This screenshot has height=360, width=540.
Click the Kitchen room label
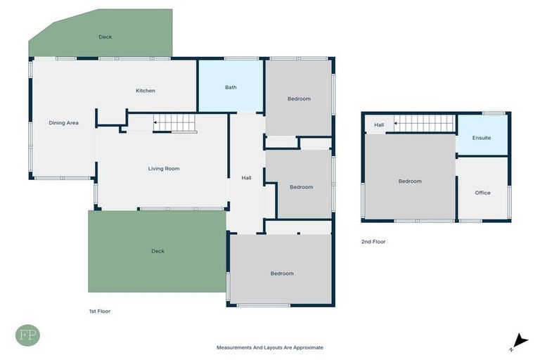[x=146, y=91]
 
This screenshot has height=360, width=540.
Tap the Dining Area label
[x=63, y=123]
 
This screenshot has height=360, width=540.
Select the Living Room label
[x=164, y=169]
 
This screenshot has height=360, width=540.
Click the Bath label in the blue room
[x=231, y=88]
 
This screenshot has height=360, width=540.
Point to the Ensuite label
[x=482, y=138]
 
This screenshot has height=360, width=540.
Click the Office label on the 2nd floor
[x=482, y=193]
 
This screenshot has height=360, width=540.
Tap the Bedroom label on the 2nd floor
[x=410, y=181]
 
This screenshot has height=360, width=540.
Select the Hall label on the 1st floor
[x=246, y=178]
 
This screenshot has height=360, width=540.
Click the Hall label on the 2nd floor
[x=379, y=125]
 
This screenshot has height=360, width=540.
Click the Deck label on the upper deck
[x=105, y=37]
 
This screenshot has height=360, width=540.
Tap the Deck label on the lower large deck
[x=157, y=251]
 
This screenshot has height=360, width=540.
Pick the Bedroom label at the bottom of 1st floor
[x=282, y=274]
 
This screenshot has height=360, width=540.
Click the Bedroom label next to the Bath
[x=299, y=99]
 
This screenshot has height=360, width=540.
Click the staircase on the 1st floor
[x=175, y=123]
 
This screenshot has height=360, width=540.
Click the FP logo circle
[x=27, y=335]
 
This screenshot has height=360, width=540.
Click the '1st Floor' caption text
[x=99, y=311]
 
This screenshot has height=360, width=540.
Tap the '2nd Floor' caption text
[x=374, y=242]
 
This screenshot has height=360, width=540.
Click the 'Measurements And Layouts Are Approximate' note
[x=270, y=347]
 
